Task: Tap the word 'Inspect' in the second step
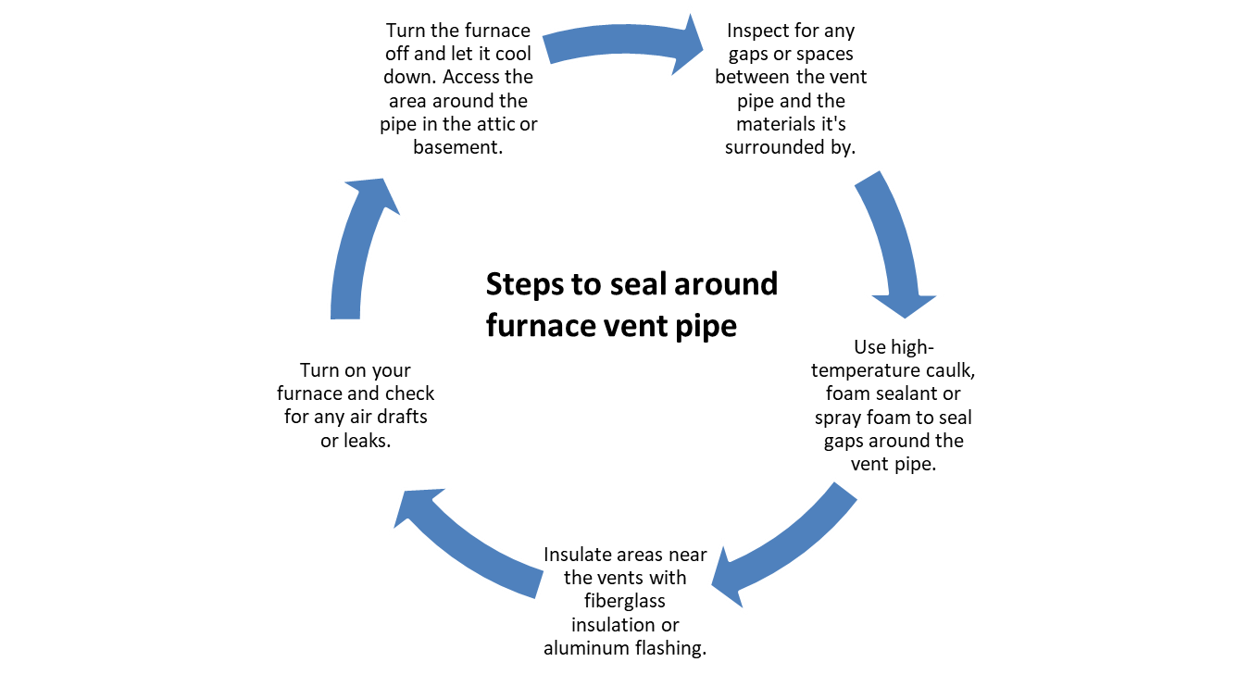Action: (x=757, y=31)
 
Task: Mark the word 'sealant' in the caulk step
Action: (x=908, y=394)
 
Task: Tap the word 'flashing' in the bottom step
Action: (x=670, y=648)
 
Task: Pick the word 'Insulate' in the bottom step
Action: (x=578, y=555)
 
